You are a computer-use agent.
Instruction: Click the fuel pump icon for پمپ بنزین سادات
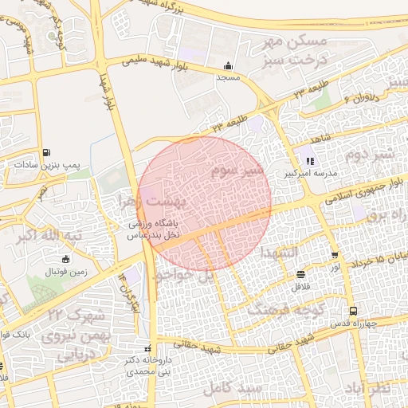[x=48, y=152]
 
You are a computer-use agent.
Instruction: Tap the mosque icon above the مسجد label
[x=229, y=66]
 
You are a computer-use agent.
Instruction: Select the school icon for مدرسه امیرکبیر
[x=310, y=161]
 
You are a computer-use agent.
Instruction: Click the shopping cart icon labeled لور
[x=335, y=256]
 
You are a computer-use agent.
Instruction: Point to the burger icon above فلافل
[x=300, y=274]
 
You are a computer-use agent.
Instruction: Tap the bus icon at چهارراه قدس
[x=352, y=312]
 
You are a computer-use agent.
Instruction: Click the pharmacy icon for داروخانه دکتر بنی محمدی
[x=146, y=348]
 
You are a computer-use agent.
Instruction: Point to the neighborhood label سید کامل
[x=233, y=387]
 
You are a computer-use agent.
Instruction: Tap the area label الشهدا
[x=278, y=252]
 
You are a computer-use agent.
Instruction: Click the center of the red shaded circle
[x=204, y=203]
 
